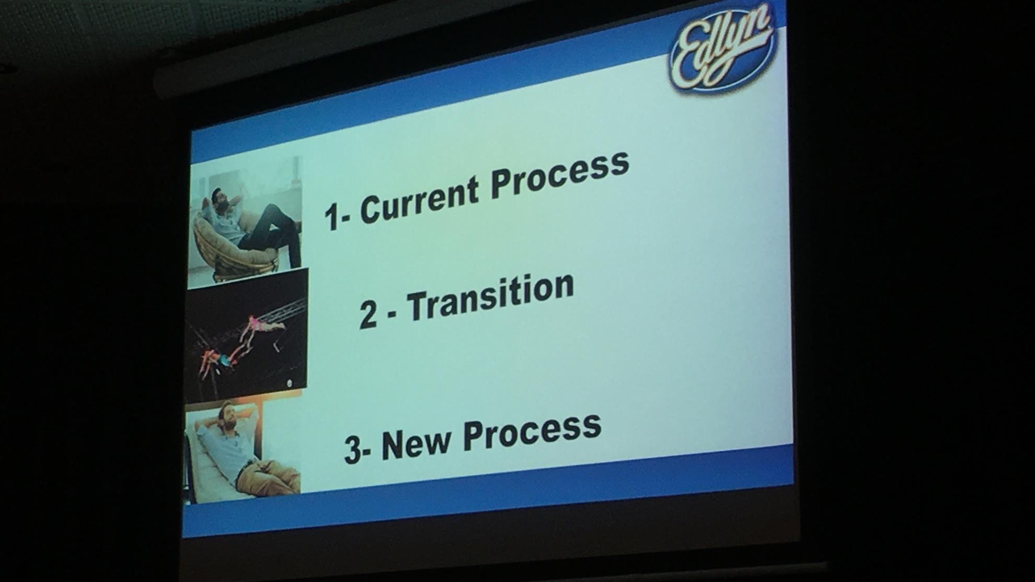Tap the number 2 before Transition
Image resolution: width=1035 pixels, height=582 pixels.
(x=369, y=315)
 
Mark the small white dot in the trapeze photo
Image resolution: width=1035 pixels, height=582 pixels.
(x=290, y=383)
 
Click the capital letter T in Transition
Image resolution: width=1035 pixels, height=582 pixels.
(x=418, y=305)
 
